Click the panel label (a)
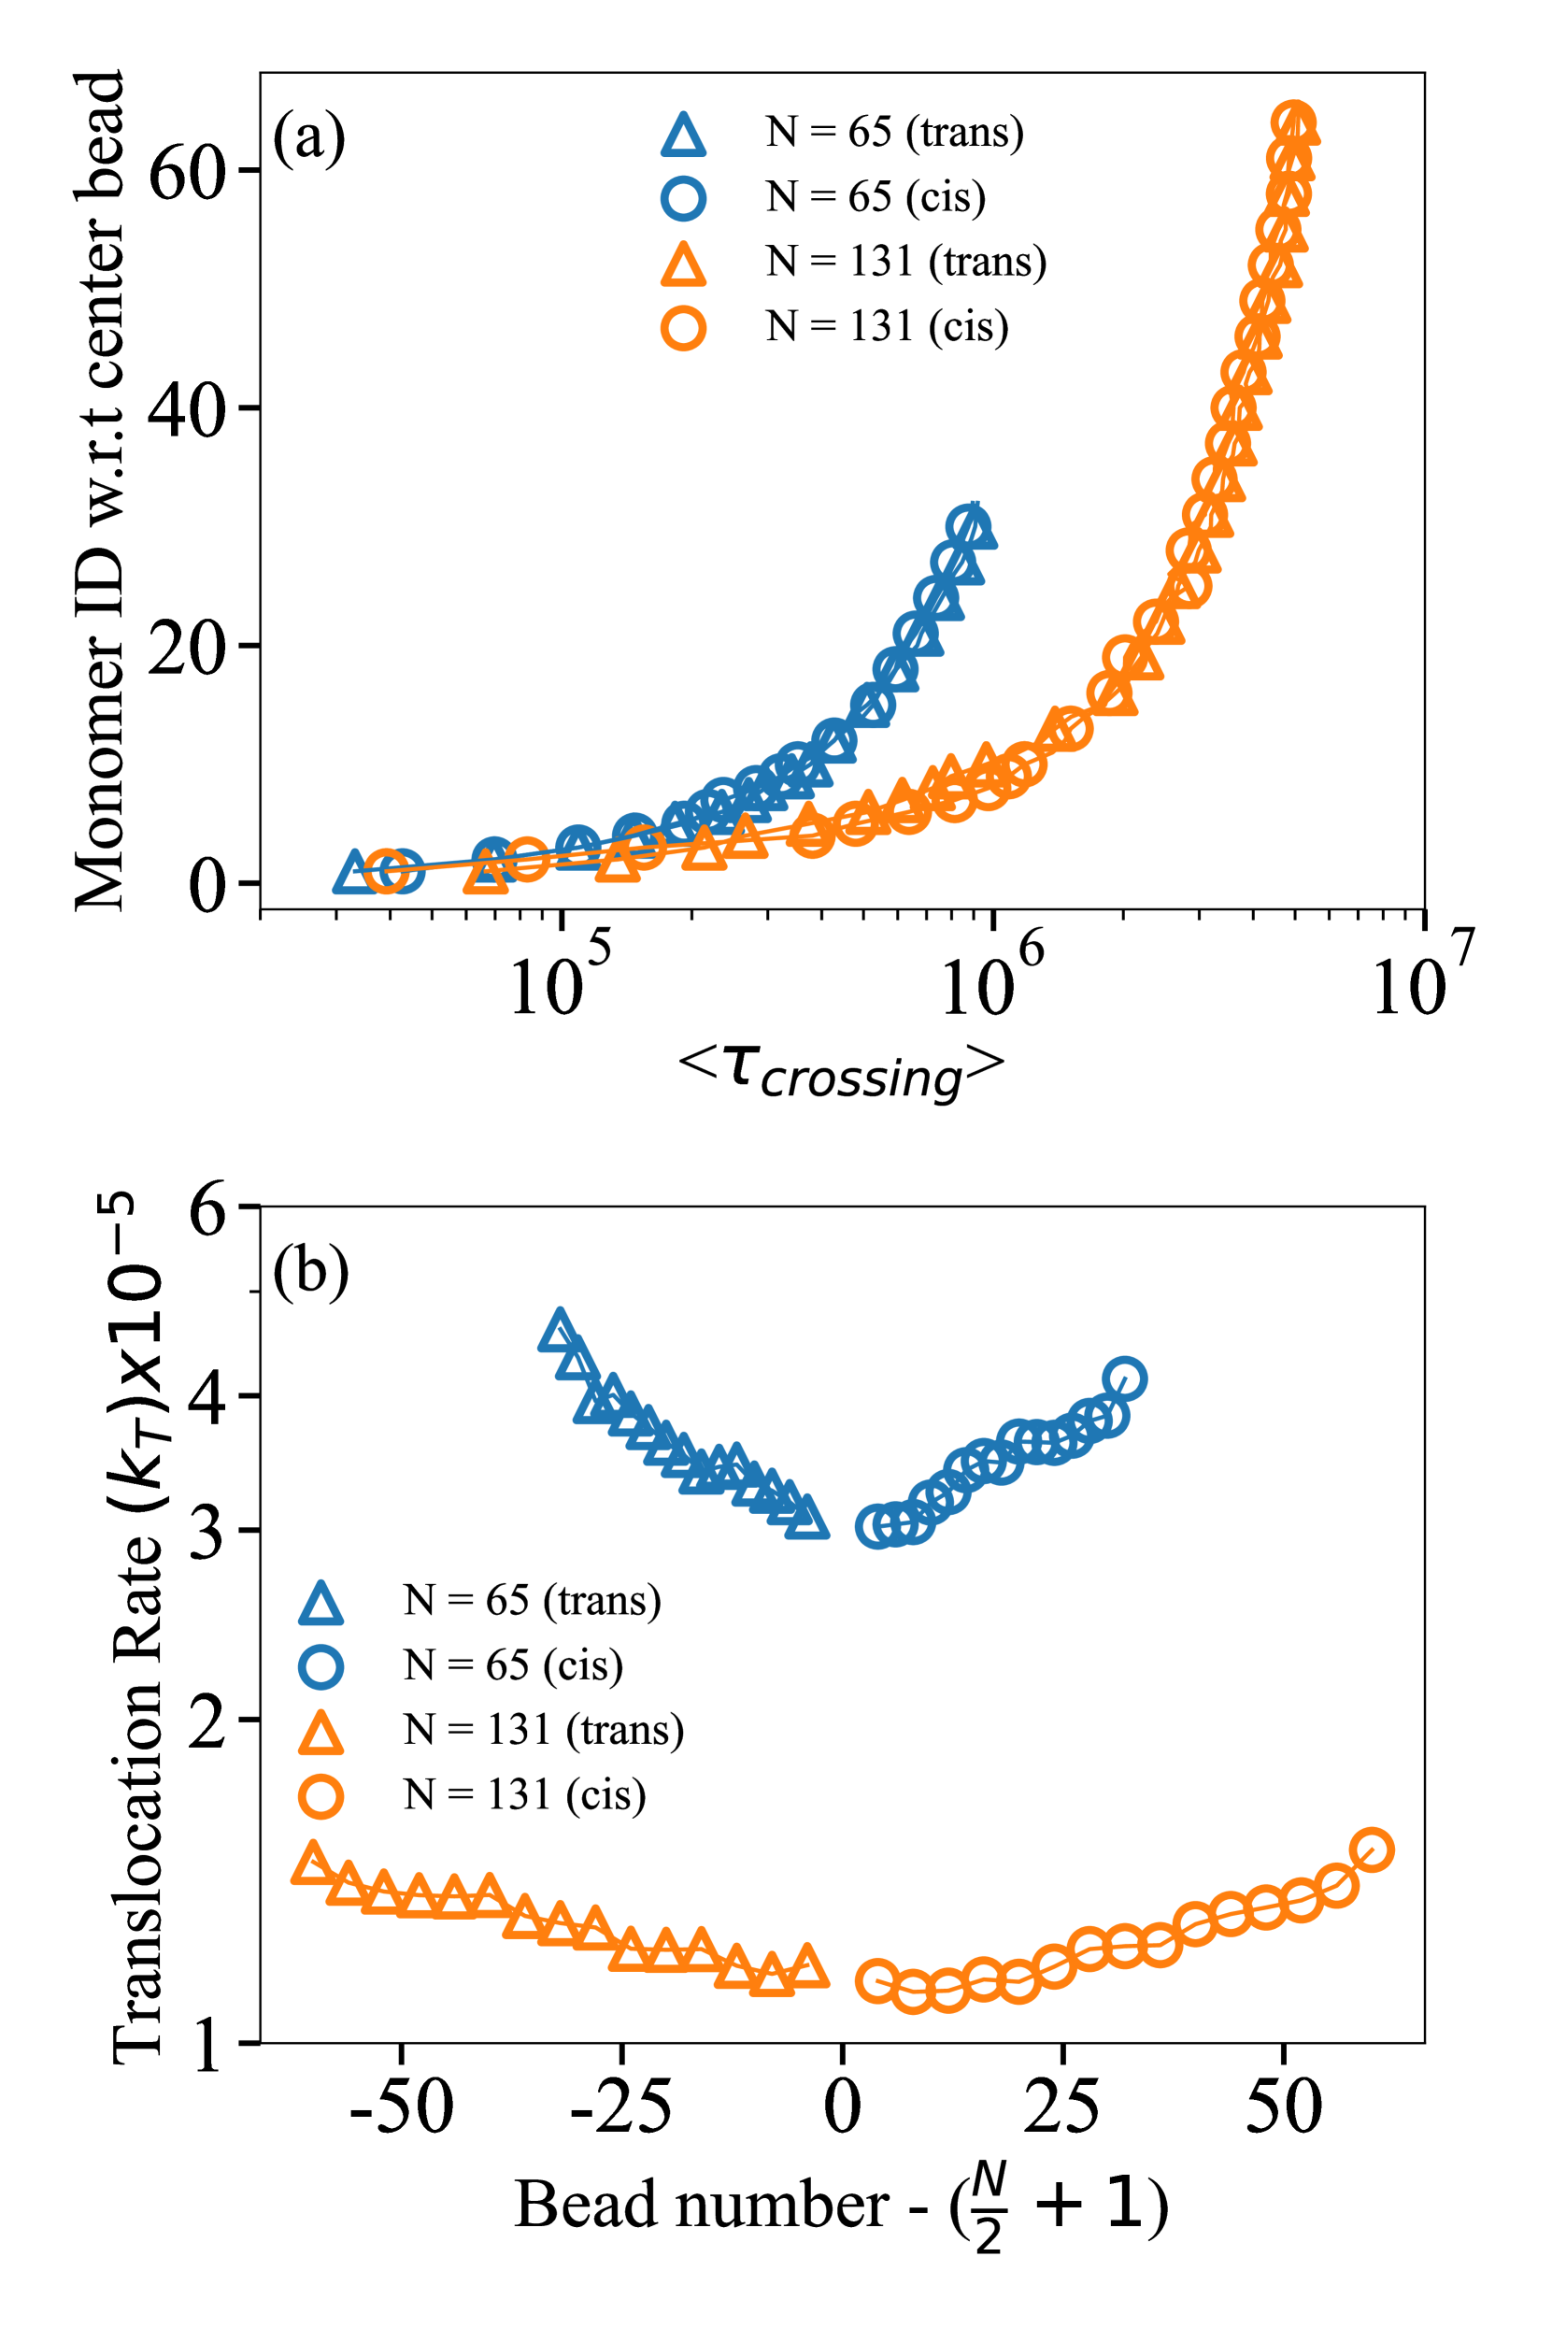pyautogui.click(x=309, y=136)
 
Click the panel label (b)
pyautogui.click(x=310, y=1271)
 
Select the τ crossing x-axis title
pyautogui.click(x=841, y=1071)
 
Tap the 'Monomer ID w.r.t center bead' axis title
pyautogui.click(x=100, y=490)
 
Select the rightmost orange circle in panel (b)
pyautogui.click(x=1372, y=1849)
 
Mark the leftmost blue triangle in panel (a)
pyautogui.click(x=353, y=872)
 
